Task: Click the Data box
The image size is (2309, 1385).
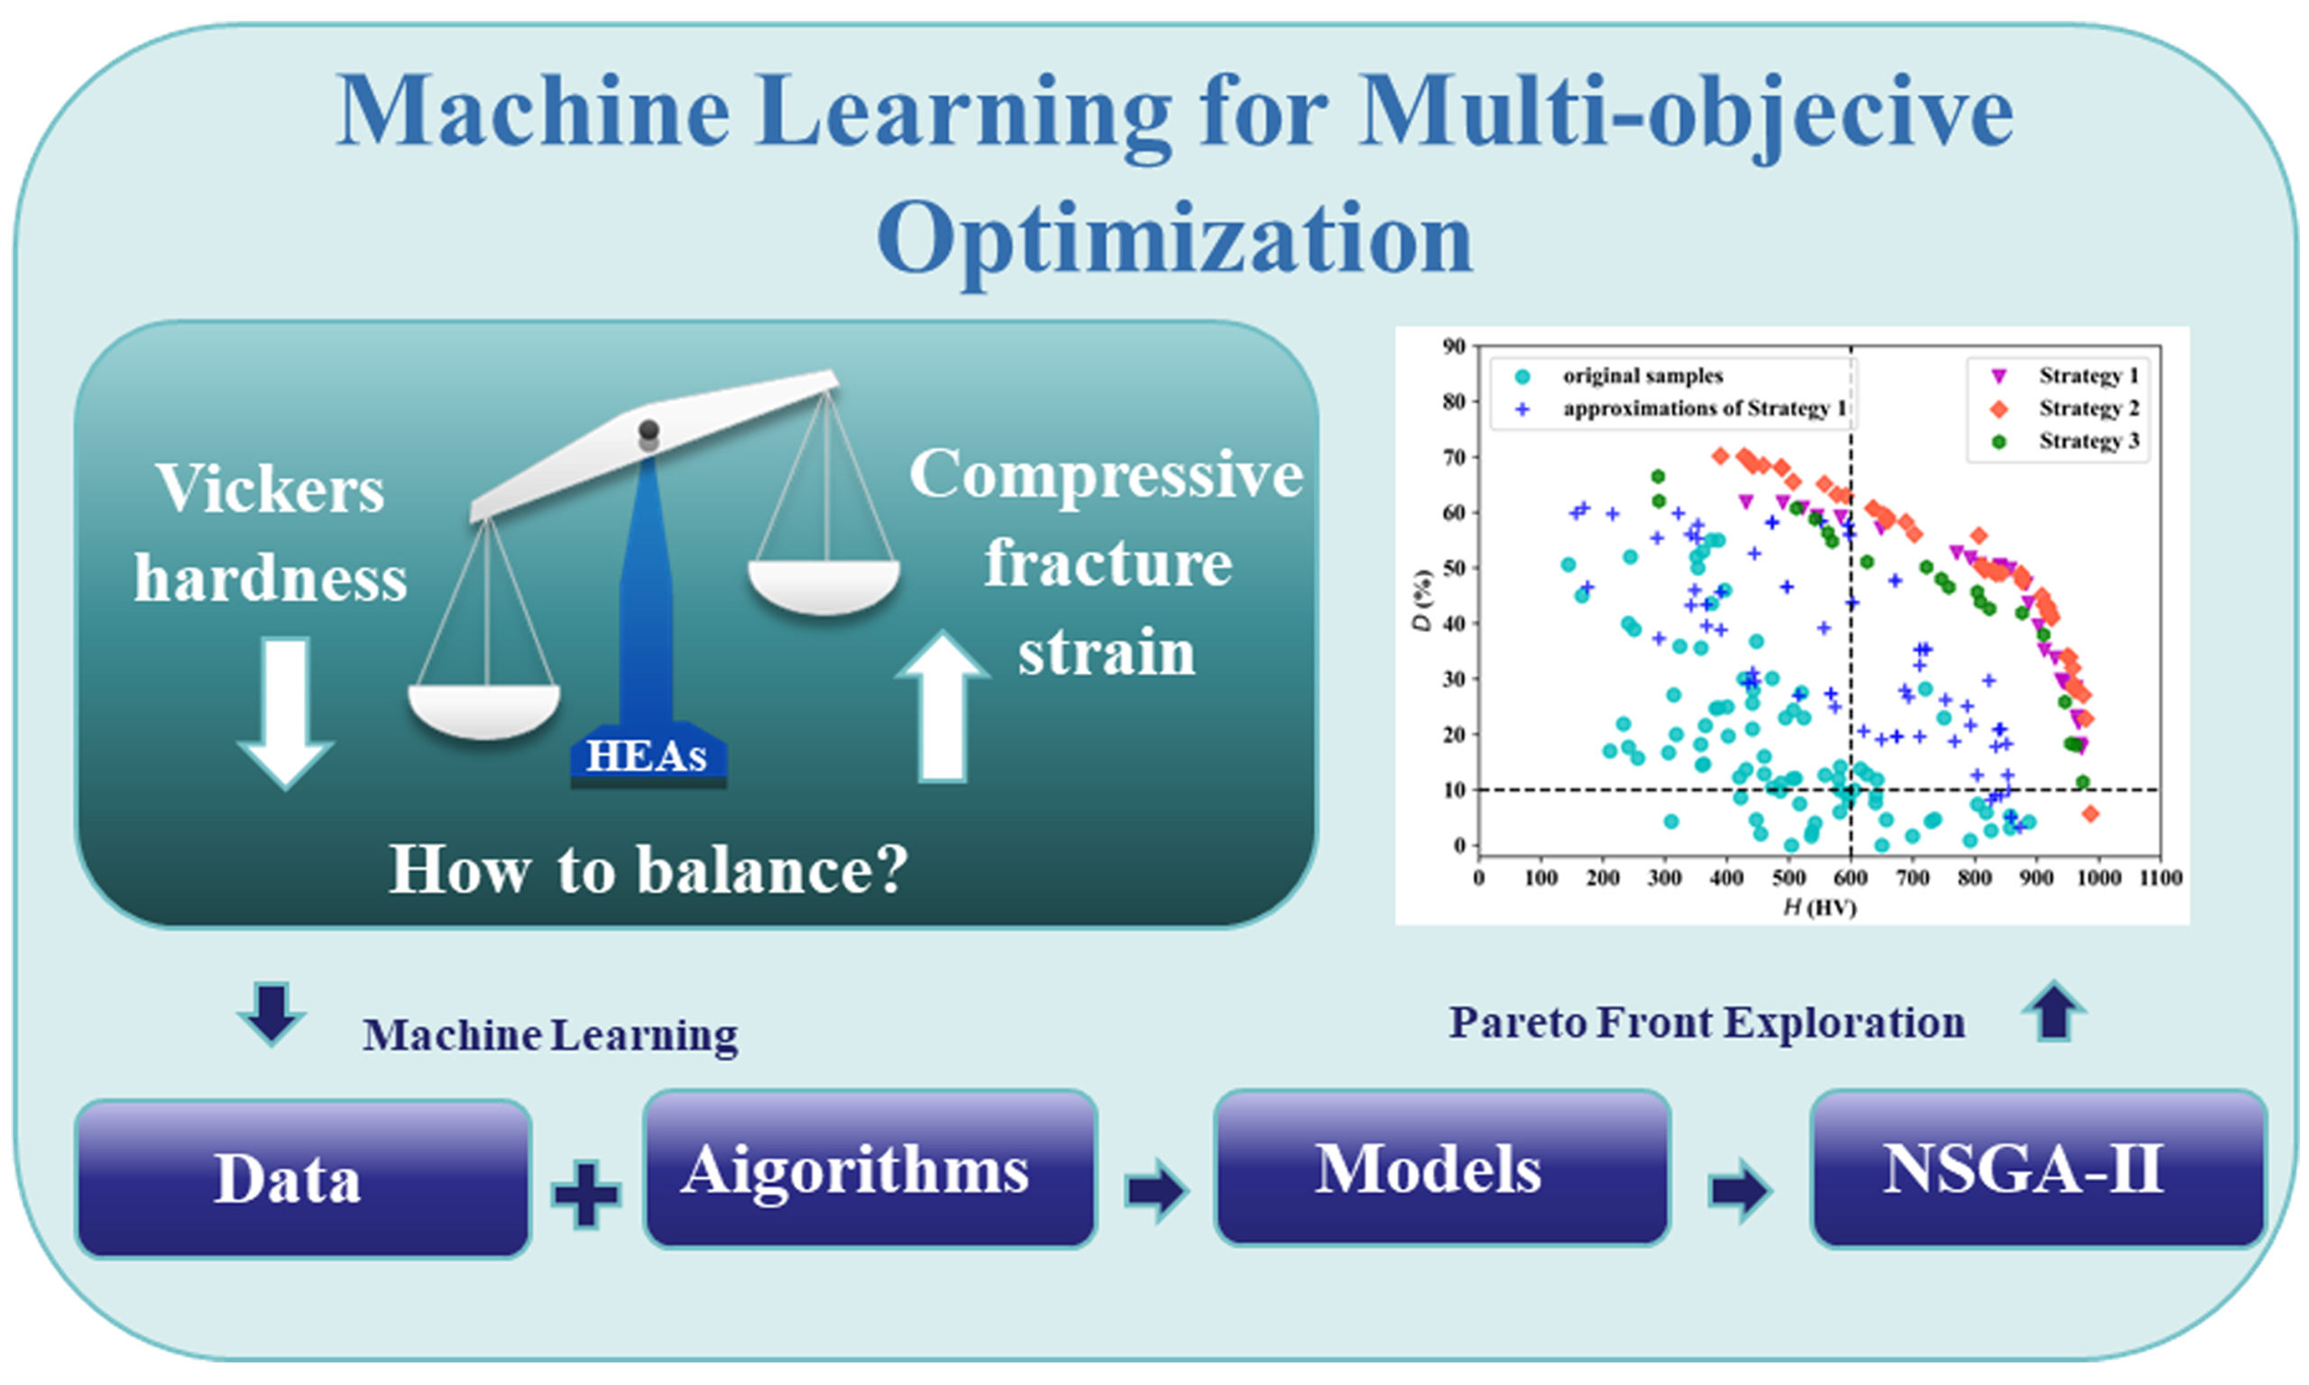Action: point(303,1178)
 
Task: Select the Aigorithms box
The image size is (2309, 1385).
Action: point(869,1169)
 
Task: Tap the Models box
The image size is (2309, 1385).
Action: point(1441,1169)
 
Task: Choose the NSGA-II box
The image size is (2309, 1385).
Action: point(2038,1169)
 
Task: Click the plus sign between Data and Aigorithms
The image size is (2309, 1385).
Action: point(586,1194)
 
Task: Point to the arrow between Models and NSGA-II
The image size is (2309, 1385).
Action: point(1738,1190)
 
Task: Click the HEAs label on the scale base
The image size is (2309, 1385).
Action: point(648,757)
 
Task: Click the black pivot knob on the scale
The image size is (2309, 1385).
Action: point(649,430)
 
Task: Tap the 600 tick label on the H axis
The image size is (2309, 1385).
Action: point(1850,877)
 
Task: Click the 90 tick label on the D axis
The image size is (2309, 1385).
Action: point(1454,346)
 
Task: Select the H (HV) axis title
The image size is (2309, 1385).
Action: point(1819,907)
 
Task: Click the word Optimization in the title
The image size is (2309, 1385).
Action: point(1174,241)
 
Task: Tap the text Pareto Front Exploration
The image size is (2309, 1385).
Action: point(1706,1022)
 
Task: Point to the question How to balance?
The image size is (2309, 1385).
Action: point(648,870)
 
